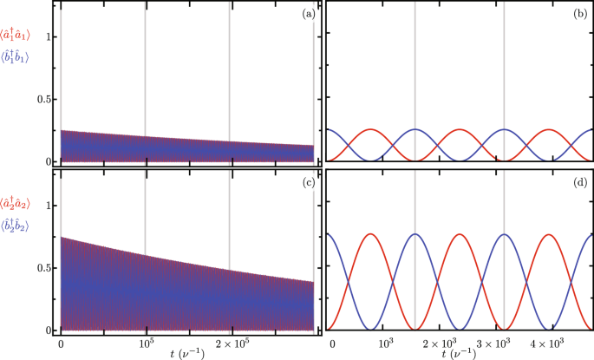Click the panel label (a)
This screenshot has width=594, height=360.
pos(306,15)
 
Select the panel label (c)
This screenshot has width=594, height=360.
pos(306,182)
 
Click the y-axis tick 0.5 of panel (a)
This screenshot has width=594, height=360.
pos(42,99)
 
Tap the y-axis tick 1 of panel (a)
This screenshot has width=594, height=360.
pos(49,36)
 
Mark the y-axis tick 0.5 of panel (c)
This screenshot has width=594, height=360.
pos(42,268)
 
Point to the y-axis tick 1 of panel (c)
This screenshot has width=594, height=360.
pos(49,206)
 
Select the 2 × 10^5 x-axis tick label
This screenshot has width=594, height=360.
pos(229,344)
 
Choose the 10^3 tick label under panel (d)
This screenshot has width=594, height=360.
pos(387,344)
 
